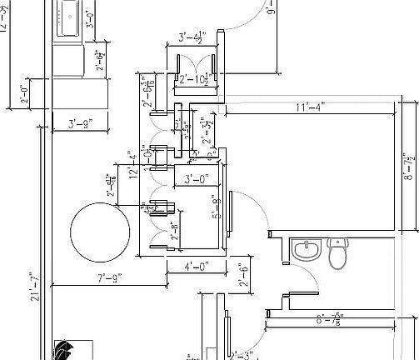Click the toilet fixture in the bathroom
point(338,253)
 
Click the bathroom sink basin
point(307,249)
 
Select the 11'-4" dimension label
point(310,107)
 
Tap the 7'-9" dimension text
point(110,277)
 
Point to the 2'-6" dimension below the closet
point(245,276)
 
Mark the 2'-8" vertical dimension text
point(175,237)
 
